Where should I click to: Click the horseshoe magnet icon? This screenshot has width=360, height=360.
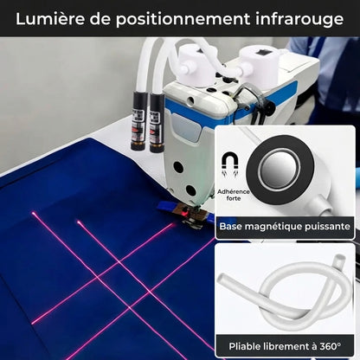[x=230, y=162]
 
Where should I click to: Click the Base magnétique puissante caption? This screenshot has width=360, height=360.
[x=285, y=227]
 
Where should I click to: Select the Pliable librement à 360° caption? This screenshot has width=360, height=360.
[x=284, y=345]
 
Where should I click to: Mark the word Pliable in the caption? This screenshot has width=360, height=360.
[x=249, y=345]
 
